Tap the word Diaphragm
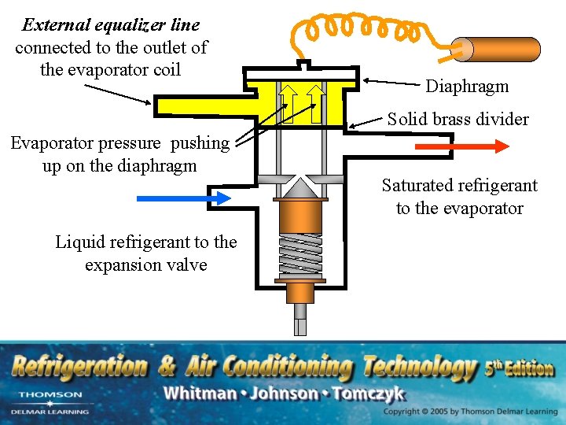tap(467, 87)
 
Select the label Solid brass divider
tap(458, 120)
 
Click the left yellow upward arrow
tap(289, 102)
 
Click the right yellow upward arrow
tap(316, 102)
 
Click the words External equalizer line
tap(111, 25)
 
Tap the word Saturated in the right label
tap(415, 186)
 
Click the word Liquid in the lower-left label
tap(77, 242)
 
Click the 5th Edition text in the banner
tap(519, 368)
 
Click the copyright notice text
tap(470, 412)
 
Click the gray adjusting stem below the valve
tap(300, 320)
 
